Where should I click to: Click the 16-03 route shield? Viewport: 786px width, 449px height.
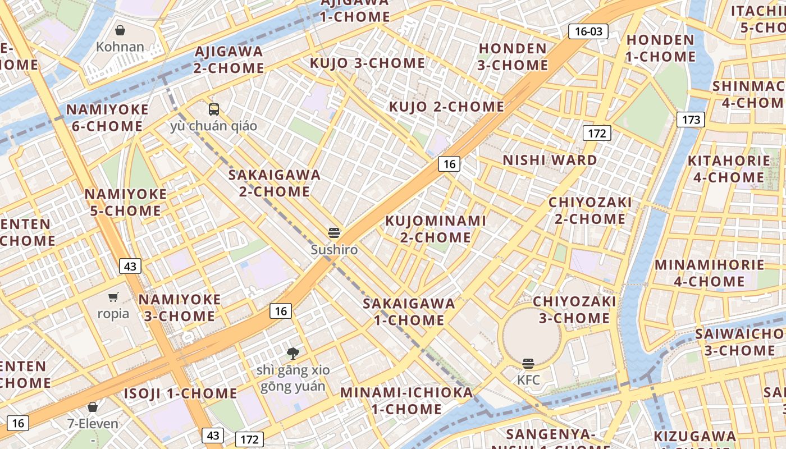coord(588,31)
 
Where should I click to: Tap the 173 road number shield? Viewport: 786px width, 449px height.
coord(690,120)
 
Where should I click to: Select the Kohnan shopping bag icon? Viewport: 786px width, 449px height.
coord(120,30)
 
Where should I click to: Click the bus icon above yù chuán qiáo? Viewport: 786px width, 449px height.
coord(213,109)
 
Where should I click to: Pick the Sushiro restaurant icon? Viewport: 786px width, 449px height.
coord(334,233)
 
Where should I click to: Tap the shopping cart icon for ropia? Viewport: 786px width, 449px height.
coord(113,297)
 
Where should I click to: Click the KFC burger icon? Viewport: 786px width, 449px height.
coord(528,364)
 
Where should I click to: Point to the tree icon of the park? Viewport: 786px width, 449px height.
coord(293,354)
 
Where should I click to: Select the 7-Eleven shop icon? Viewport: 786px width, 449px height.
coord(93,407)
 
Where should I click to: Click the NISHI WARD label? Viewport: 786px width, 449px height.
coord(550,161)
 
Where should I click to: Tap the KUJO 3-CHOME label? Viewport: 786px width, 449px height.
coord(367,63)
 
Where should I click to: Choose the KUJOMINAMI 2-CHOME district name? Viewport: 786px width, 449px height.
coord(435,229)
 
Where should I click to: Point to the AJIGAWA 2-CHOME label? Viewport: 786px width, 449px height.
coord(229,59)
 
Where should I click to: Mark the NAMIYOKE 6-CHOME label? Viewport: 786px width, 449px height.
coord(107,118)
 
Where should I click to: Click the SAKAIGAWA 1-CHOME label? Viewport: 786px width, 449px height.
coord(409,312)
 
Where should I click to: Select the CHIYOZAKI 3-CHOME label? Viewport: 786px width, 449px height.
coord(574,310)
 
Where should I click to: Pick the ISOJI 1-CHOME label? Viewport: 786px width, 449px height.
coord(180,393)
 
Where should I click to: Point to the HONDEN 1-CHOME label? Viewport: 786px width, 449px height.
coord(660,48)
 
